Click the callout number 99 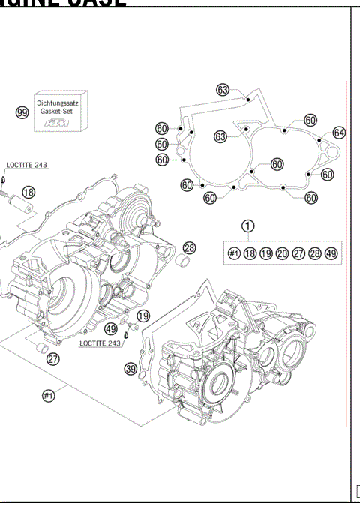(x=22, y=112)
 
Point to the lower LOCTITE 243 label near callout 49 (x=100, y=343)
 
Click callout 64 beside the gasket (x=339, y=133)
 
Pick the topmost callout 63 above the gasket (x=223, y=89)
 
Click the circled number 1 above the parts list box (x=248, y=225)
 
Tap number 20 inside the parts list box (x=282, y=253)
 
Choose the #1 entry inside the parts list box (x=234, y=253)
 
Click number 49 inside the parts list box (x=331, y=253)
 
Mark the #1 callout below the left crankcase (x=49, y=397)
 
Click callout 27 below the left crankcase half (x=52, y=359)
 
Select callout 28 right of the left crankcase (x=189, y=247)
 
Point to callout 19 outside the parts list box (x=142, y=316)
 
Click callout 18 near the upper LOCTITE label (x=28, y=193)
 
